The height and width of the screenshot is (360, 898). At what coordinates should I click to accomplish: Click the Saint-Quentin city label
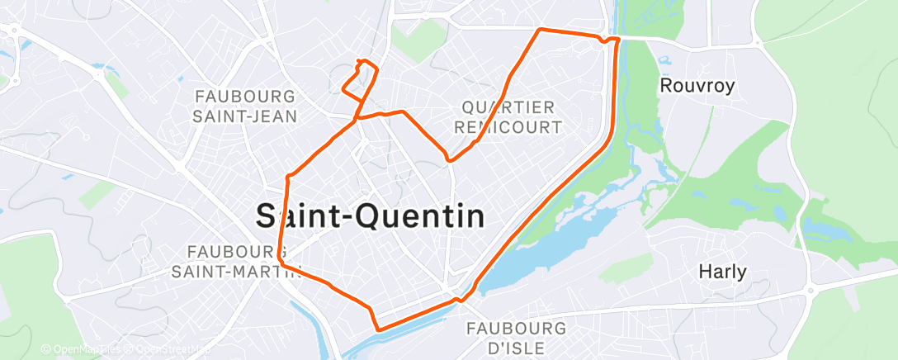[369, 216]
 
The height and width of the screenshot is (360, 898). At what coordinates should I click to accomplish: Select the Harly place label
[722, 271]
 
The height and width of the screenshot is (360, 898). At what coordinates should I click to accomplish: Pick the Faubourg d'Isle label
[517, 338]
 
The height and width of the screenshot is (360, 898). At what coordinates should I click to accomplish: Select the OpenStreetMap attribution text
[169, 350]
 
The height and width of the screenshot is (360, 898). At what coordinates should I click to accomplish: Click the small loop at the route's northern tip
[364, 64]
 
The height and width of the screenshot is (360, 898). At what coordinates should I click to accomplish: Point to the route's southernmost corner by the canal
[378, 329]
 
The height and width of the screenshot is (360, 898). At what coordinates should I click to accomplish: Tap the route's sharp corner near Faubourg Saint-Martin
[281, 259]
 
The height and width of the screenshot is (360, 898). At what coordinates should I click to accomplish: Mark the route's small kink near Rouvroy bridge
[608, 40]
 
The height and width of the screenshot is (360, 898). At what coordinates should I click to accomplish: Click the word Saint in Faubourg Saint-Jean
[216, 116]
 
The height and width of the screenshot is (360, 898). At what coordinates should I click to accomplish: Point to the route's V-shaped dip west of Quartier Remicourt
[448, 159]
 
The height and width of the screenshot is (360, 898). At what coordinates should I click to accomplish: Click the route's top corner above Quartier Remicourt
[540, 30]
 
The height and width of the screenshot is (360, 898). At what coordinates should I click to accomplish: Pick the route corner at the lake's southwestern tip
[474, 290]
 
